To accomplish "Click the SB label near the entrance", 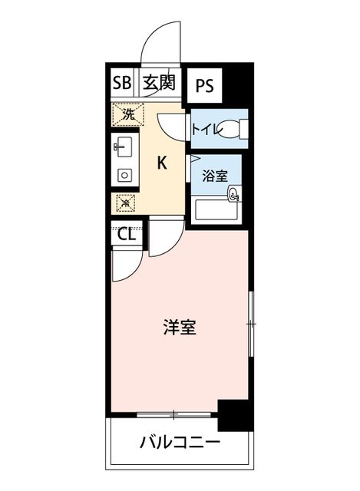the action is [x=122, y=83].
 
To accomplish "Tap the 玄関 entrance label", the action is [x=159, y=83].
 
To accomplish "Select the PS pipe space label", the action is [x=205, y=85].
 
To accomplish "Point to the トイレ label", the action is [x=206, y=129].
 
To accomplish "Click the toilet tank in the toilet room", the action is [x=243, y=128].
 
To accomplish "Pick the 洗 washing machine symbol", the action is [x=128, y=114].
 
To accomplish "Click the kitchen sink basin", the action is [x=124, y=147].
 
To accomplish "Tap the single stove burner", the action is [x=124, y=176].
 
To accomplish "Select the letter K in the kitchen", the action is [x=162, y=163].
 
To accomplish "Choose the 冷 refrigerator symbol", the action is [x=126, y=203].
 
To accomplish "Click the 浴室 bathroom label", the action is [x=215, y=176].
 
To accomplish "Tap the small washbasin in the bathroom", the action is [x=235, y=193].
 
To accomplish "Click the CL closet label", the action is [x=127, y=234].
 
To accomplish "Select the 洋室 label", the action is [x=180, y=328].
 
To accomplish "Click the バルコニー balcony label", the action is [x=180, y=443].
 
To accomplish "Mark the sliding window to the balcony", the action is [x=174, y=414].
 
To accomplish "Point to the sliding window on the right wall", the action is [x=251, y=324].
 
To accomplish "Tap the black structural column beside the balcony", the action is [x=236, y=415].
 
